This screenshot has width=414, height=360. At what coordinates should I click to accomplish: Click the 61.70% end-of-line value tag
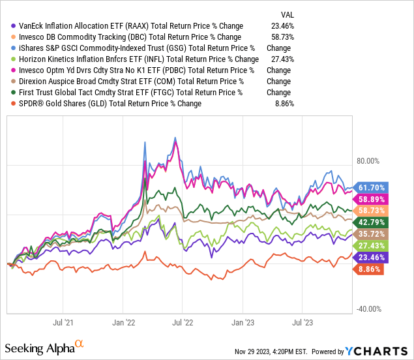tap(370, 187)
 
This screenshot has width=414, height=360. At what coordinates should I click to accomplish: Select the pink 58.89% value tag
tap(370, 199)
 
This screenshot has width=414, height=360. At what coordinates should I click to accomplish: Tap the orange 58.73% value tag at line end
tap(370, 211)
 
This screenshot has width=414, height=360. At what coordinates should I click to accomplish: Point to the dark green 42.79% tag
tap(370, 222)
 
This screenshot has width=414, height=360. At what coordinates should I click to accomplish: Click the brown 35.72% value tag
tap(370, 233)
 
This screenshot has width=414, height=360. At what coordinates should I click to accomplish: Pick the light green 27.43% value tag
tap(370, 245)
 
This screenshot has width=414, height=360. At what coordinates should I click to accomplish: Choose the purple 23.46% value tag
tap(370, 257)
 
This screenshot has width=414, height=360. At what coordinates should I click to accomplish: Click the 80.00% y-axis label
tap(366, 160)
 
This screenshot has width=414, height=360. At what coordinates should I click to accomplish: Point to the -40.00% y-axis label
tap(368, 309)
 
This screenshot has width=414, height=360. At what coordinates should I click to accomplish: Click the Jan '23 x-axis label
tap(243, 322)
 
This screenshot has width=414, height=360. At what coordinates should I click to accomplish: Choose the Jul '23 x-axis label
tap(301, 322)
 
